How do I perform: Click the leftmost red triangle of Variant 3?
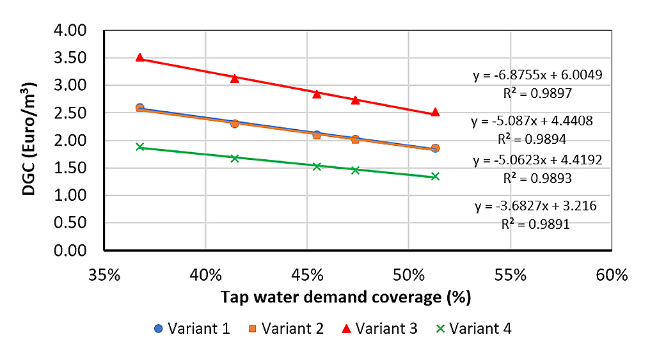[x=140, y=58]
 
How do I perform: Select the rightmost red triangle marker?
[x=435, y=112]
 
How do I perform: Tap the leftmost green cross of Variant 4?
[x=140, y=146]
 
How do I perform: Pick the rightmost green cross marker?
[x=435, y=176]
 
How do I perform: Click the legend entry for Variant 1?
[x=192, y=329]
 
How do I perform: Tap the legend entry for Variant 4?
[x=473, y=329]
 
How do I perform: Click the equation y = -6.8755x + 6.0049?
[x=537, y=75]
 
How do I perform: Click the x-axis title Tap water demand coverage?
[x=346, y=297]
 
